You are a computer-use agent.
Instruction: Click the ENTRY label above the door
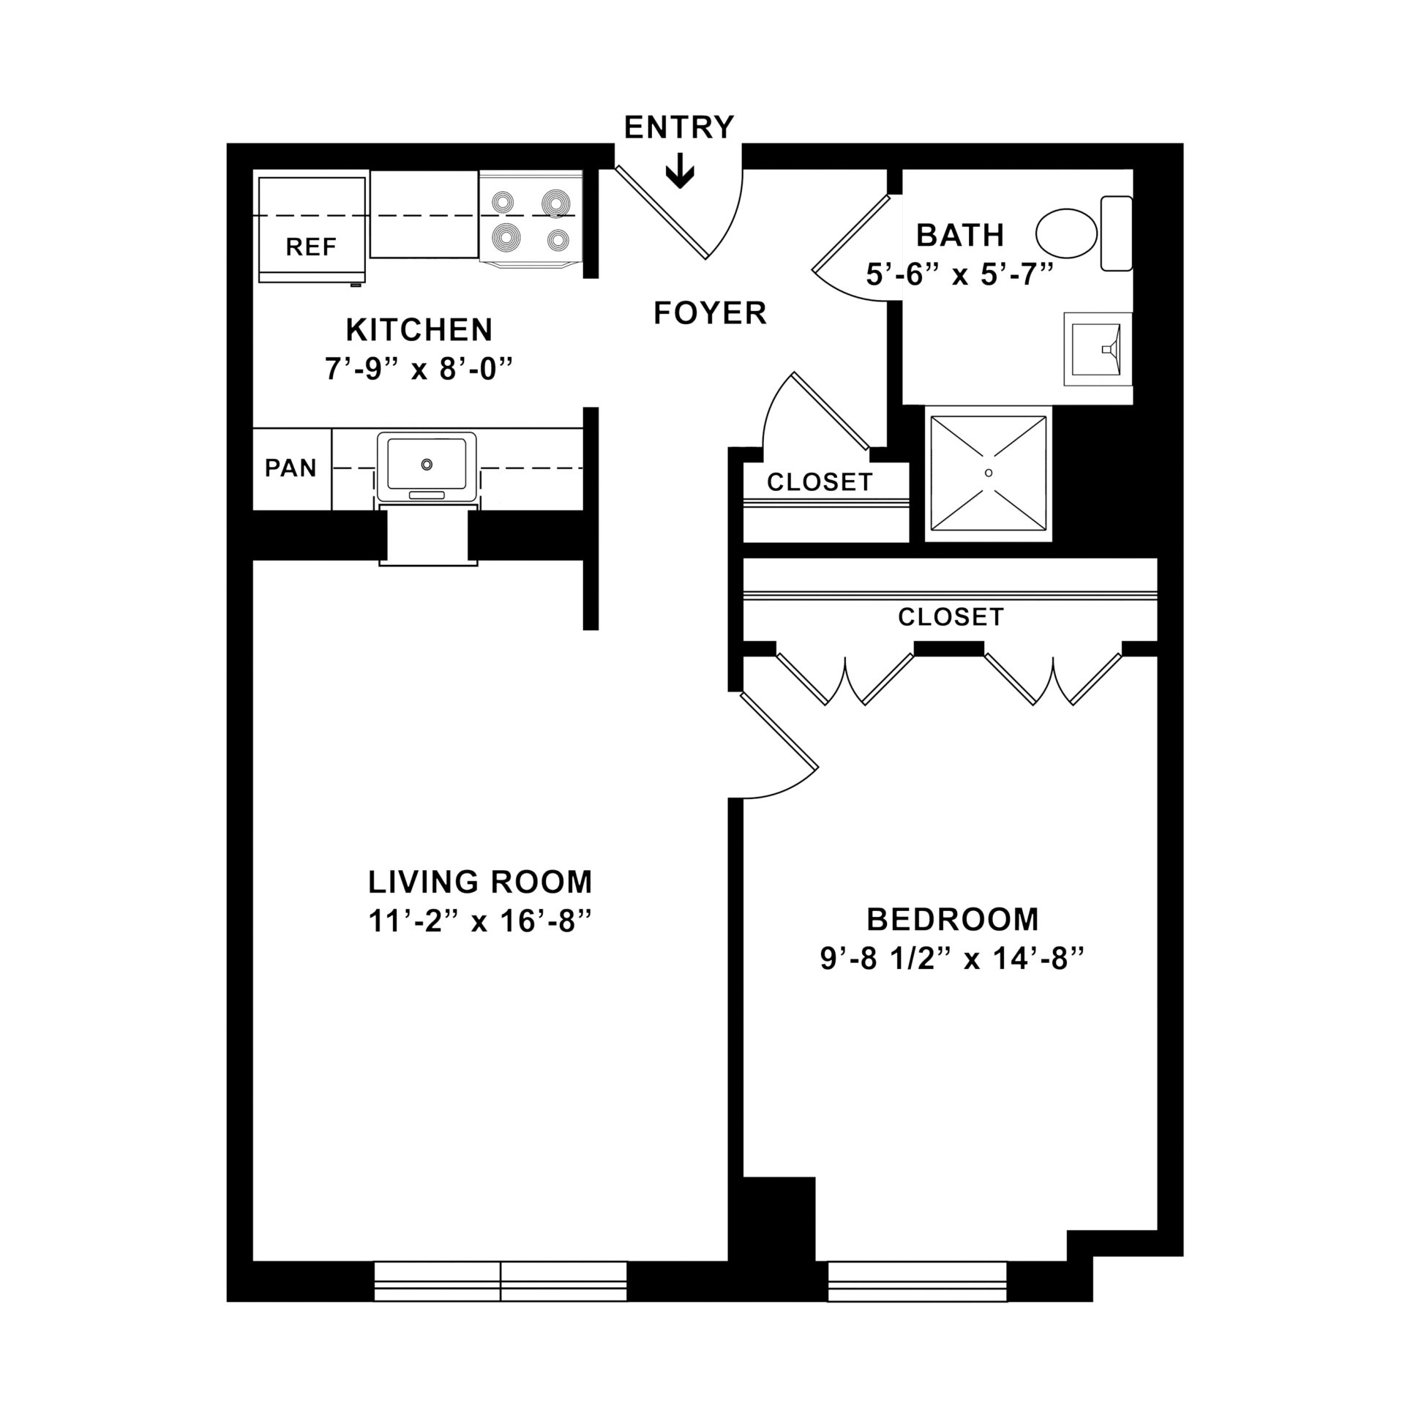[x=678, y=127]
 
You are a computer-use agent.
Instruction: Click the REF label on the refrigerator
[x=311, y=247]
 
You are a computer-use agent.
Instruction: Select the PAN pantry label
[x=291, y=468]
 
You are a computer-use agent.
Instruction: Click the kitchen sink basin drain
[x=427, y=465]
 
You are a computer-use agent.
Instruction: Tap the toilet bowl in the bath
[x=1066, y=233]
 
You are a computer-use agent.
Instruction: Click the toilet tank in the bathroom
[x=1116, y=233]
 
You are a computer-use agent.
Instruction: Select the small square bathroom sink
[x=1097, y=348]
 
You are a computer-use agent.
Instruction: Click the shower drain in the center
[x=989, y=473]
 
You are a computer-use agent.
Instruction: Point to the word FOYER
[x=710, y=313]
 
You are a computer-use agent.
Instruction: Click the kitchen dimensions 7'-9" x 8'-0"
[x=419, y=369]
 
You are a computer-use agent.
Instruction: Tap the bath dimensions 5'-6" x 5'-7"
[x=959, y=275]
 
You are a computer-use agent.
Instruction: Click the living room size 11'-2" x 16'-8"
[x=479, y=922]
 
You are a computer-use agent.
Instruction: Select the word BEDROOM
[x=952, y=919]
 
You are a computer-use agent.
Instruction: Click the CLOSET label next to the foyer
[x=820, y=482]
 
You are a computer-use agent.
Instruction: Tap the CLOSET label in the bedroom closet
[x=951, y=617]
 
